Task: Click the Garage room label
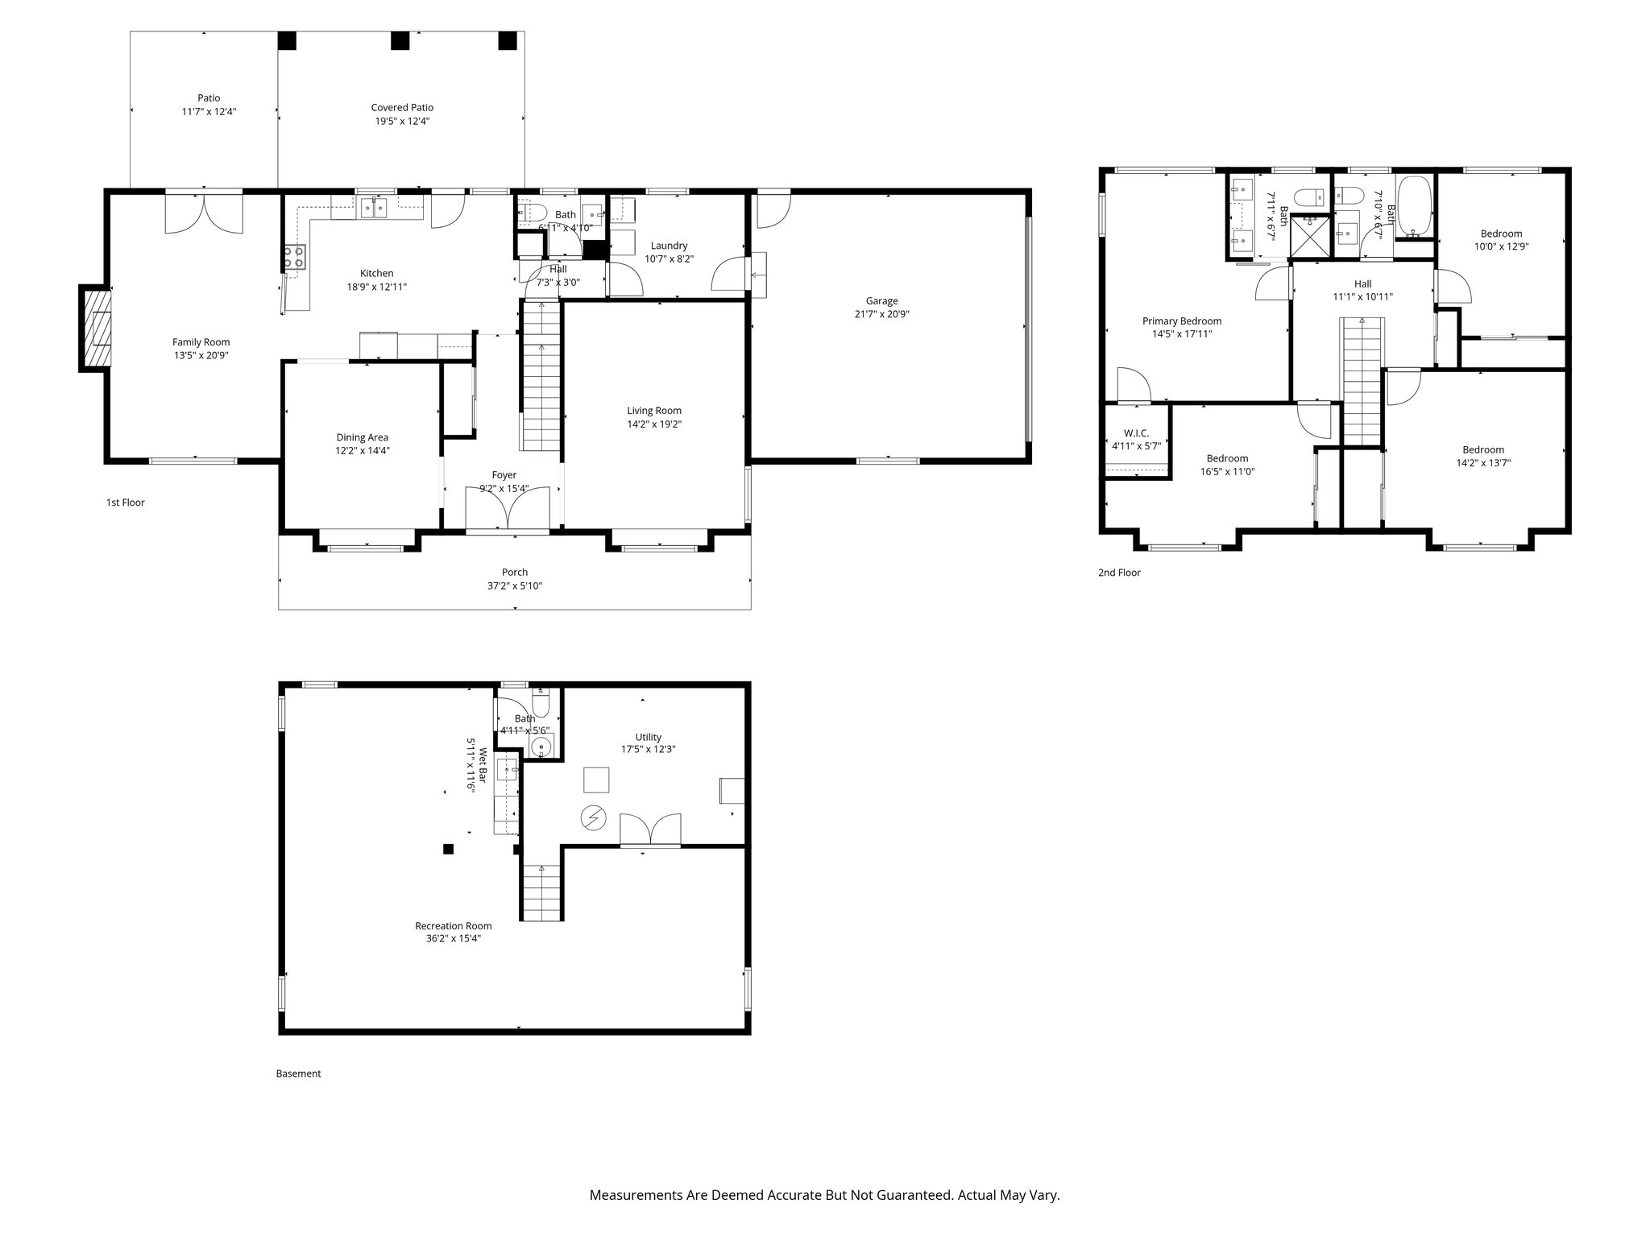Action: click(881, 301)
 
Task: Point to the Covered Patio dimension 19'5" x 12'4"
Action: click(402, 121)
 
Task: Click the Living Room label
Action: click(654, 411)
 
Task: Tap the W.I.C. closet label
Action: click(1136, 433)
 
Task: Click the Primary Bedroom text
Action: click(1181, 321)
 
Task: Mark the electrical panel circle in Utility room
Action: click(594, 818)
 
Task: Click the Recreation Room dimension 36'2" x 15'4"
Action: click(453, 938)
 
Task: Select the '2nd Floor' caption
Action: click(1119, 573)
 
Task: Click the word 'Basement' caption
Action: click(298, 1074)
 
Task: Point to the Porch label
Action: click(515, 573)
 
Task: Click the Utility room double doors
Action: click(650, 829)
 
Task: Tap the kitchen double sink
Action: click(374, 208)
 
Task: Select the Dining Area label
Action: click(362, 437)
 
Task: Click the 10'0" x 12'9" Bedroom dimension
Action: click(1501, 247)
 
